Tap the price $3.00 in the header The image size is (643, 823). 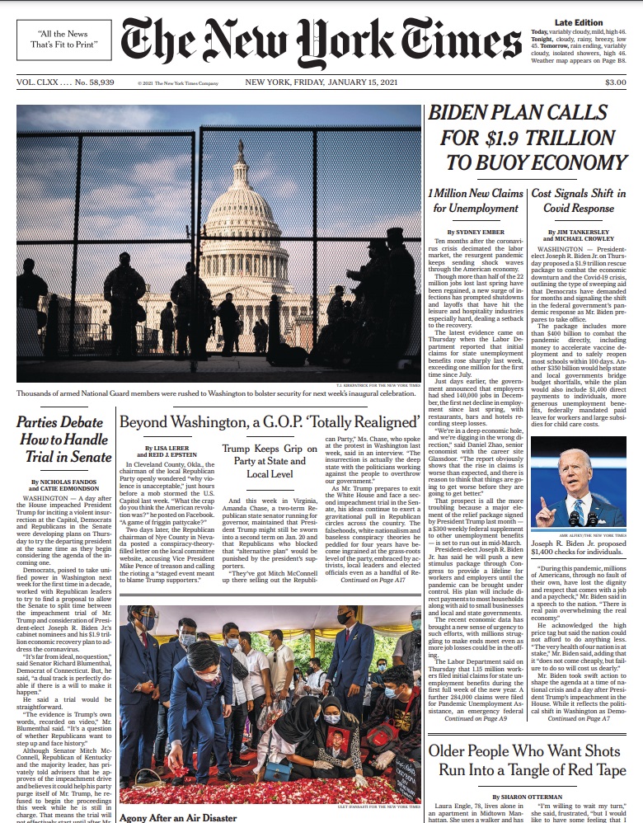point(615,82)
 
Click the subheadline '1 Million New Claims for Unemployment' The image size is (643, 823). point(475,201)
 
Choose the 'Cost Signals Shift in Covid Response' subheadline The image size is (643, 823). point(579,201)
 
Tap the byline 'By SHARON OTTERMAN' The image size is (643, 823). point(527,797)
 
